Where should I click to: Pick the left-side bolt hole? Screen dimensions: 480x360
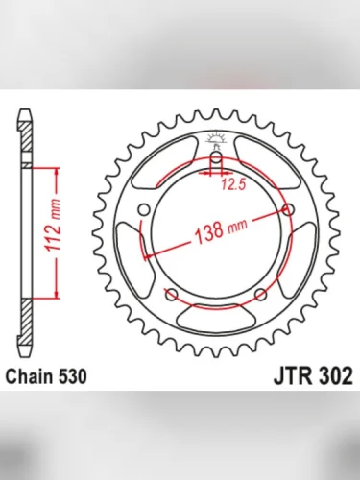click(144, 211)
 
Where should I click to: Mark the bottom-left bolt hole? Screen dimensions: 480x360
click(171, 295)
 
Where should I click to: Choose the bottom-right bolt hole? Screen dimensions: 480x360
click(260, 295)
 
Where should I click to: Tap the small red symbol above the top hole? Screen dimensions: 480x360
click(216, 140)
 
